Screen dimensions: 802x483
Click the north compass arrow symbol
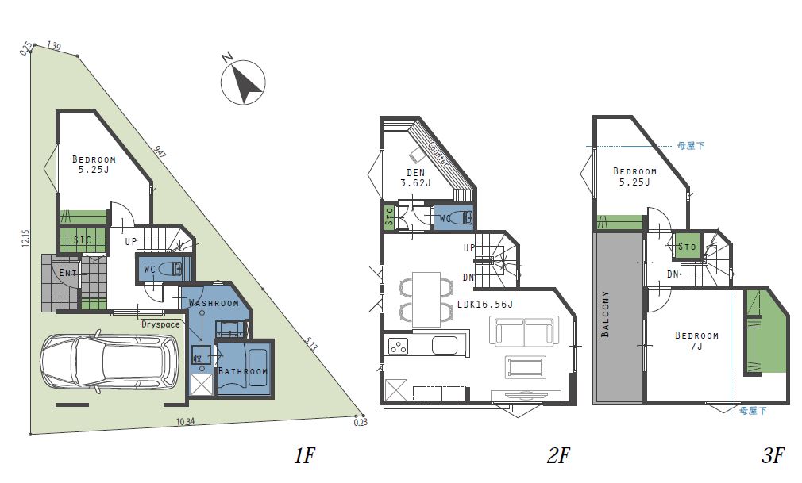pos(244,82)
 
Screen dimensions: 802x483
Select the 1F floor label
pos(304,455)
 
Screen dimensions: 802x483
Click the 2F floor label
pos(558,455)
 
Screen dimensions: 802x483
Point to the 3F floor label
pos(773,455)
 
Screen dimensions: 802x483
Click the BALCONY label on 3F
pos(606,314)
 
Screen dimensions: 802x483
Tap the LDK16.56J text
pos(485,304)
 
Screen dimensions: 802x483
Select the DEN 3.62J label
pos(415,178)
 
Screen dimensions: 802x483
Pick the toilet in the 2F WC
pos(464,218)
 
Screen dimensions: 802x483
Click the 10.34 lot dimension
pos(185,422)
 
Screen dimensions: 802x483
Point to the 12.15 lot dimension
pos(26,238)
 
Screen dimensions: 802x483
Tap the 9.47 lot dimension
pos(160,152)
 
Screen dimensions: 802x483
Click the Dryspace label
pos(160,324)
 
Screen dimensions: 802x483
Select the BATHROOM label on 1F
pos(243,371)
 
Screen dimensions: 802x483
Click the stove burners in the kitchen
pos(399,346)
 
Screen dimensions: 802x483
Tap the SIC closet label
pos(83,240)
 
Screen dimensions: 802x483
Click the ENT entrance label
pos(67,272)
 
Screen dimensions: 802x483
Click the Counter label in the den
pos(438,153)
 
